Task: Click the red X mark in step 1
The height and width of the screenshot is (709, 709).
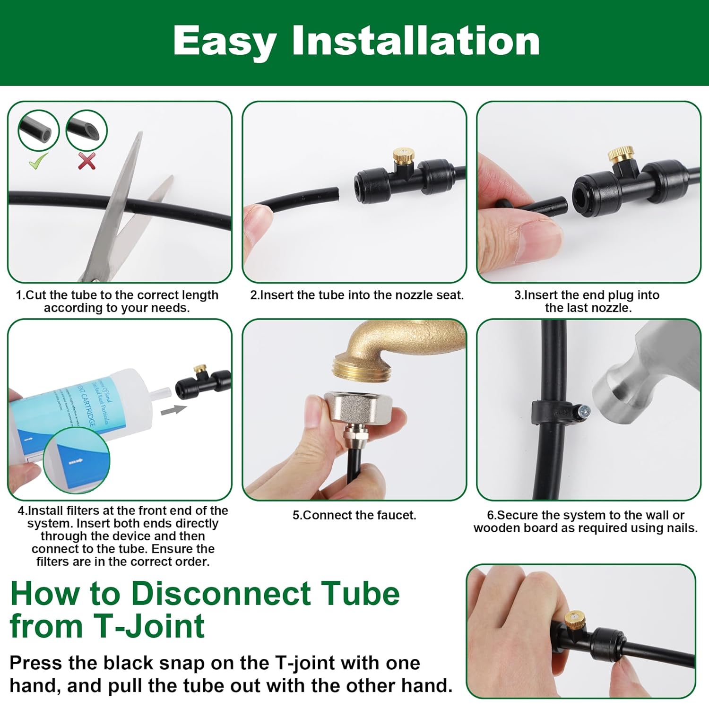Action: pos(86,161)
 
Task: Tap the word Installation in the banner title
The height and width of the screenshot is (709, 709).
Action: pos(416,41)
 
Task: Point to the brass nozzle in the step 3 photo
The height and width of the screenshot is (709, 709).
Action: pos(618,155)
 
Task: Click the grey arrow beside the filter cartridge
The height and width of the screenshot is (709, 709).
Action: pos(173,410)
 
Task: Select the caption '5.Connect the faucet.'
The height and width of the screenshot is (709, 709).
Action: pos(354,515)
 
